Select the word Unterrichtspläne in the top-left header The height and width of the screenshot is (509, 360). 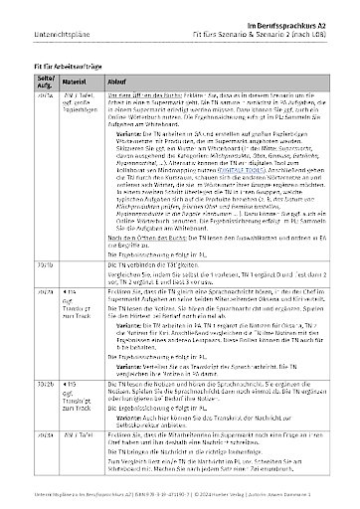[36, 21]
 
